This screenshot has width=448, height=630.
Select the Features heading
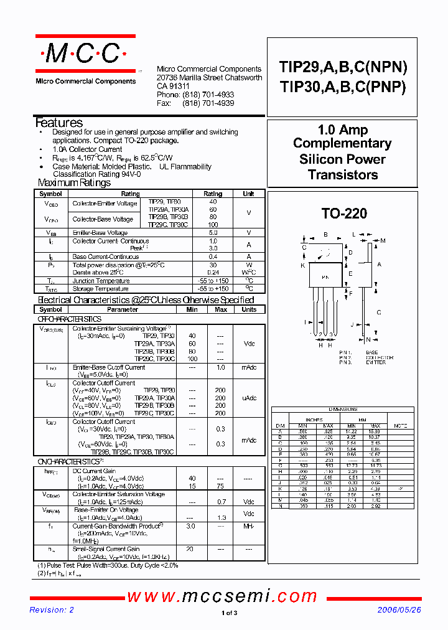59,123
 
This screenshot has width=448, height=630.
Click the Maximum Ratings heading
74,182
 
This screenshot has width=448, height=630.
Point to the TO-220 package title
344,214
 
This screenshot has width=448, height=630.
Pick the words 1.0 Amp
343,130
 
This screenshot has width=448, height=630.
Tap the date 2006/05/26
399,610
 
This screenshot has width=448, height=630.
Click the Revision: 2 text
52,610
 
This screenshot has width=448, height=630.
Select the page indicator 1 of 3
230,613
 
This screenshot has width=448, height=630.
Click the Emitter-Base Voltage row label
101,232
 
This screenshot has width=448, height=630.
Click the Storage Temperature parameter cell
100,289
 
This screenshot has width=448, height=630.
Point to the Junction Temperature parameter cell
100,281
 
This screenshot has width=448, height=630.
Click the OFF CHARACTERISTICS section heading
70,319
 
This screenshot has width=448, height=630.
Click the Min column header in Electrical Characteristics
192,309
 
